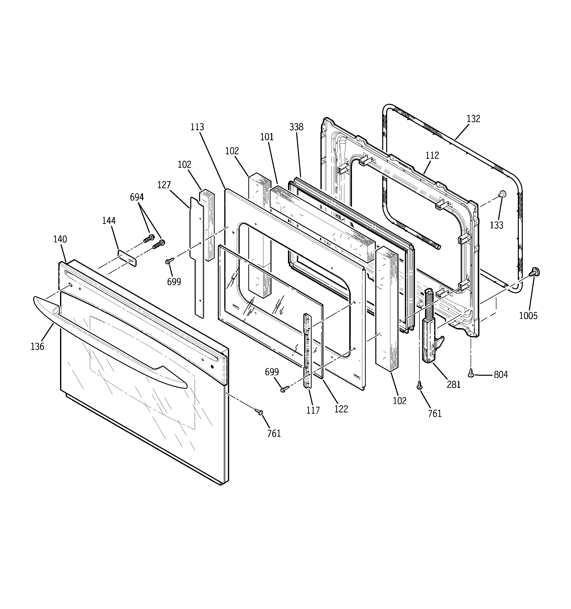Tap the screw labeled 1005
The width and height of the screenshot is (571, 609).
535,271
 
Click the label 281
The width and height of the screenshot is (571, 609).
454,384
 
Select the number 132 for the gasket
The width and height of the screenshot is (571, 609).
473,119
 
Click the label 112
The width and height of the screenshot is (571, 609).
432,155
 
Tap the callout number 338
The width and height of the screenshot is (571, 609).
296,127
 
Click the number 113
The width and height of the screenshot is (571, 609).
197,127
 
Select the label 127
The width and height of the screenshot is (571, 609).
164,185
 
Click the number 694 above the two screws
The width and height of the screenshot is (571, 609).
137,197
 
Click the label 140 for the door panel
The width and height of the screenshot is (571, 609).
60,239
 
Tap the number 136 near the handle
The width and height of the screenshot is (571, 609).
37,346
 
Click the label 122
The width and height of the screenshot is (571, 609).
341,409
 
